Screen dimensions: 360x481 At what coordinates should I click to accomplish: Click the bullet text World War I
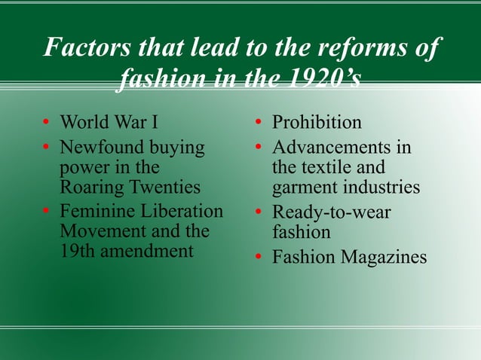point(114,122)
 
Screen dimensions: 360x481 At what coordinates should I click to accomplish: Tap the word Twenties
point(164,186)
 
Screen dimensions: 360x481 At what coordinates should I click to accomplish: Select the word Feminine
point(97,212)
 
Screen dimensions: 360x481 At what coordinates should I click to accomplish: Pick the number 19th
point(77,251)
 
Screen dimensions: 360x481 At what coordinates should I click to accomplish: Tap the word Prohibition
point(317,122)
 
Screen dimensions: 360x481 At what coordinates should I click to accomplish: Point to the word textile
point(344,166)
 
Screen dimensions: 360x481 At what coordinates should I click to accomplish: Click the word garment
point(302,187)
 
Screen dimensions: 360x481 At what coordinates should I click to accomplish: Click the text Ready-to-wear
point(331,212)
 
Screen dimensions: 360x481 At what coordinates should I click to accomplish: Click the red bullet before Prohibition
point(257,123)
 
